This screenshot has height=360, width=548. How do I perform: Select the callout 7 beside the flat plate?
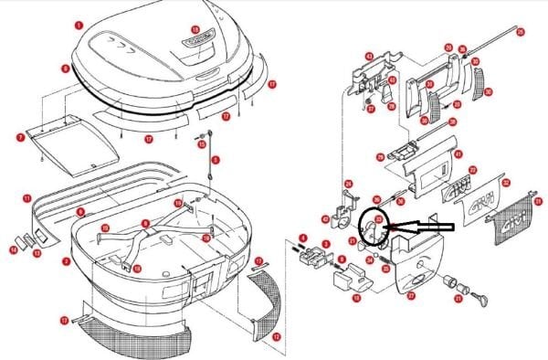19,138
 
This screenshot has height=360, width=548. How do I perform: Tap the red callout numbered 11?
27,197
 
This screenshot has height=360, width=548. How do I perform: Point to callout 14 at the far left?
14,248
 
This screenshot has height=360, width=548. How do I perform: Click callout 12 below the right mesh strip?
275,337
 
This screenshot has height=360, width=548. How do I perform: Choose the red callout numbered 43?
369,57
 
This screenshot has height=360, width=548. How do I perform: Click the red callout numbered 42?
326,219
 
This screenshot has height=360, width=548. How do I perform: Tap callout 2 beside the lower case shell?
67,261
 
